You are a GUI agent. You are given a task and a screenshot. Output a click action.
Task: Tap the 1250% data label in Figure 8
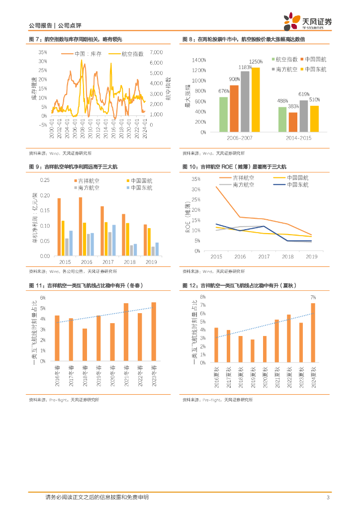(x=256, y=62)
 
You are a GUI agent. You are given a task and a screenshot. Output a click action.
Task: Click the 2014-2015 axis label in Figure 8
(x=298, y=137)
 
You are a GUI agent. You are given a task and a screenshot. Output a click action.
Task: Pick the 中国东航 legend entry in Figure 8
(x=315, y=69)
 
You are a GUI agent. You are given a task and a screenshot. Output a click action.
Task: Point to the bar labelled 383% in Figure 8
(x=293, y=122)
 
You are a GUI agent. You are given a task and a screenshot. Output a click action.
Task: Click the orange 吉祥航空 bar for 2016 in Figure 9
(x=81, y=226)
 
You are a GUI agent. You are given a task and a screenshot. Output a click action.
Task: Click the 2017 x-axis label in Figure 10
(x=264, y=256)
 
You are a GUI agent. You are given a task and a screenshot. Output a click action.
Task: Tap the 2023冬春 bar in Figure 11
(x=154, y=332)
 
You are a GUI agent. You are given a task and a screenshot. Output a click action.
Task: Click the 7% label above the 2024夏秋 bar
(x=313, y=297)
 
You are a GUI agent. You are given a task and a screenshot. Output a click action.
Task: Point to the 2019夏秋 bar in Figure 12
(x=252, y=351)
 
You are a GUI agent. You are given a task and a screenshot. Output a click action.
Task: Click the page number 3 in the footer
(x=328, y=498)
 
